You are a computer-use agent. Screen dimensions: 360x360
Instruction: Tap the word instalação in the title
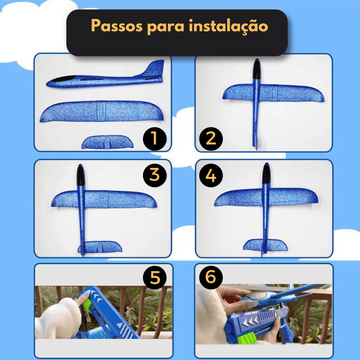tap(229, 26)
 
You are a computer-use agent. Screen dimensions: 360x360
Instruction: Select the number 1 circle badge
tap(155, 139)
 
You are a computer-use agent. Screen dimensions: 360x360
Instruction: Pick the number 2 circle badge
tap(211, 139)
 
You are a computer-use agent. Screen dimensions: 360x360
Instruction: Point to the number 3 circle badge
tap(155, 175)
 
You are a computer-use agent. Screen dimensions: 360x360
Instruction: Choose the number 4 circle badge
tap(211, 175)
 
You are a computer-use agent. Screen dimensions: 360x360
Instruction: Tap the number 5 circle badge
tap(155, 277)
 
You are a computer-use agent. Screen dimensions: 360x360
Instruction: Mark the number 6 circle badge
tap(211, 277)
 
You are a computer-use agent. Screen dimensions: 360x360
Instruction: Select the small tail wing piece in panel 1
tap(107, 142)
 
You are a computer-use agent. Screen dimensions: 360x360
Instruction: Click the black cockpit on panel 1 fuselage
tap(63, 79)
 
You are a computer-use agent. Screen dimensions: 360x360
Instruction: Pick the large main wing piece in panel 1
tap(102, 111)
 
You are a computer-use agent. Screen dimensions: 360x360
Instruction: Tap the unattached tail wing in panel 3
tap(100, 246)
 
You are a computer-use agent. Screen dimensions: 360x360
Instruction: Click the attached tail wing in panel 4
tap(265, 245)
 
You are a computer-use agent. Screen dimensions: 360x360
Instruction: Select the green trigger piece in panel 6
tap(248, 339)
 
